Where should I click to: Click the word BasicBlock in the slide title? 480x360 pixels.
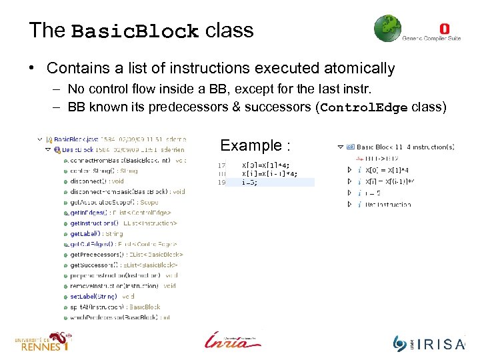135,31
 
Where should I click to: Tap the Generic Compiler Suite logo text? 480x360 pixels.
431,39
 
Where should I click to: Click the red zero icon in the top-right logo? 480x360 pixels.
445,29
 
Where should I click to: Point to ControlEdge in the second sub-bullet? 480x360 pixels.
365,108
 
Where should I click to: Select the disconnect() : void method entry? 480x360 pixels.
97,181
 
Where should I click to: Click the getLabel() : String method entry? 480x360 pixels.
96,233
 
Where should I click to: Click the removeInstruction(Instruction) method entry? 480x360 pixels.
123,285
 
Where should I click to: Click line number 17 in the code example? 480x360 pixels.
221,165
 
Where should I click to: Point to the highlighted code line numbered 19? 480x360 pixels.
267,182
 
